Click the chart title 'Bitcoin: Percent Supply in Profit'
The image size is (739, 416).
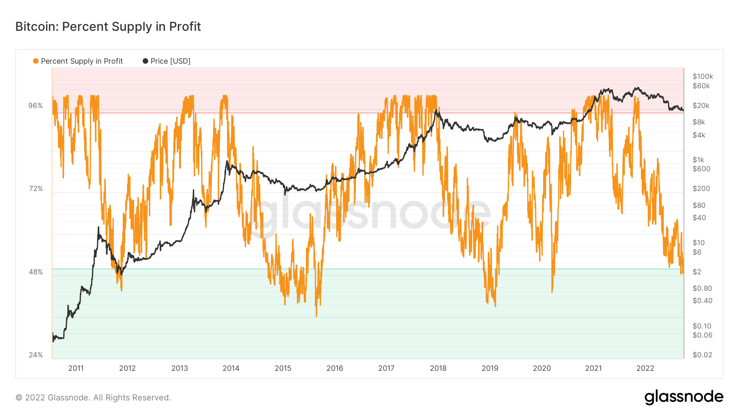pyautogui.click(x=108, y=27)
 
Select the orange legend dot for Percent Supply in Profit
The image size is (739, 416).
pyautogui.click(x=36, y=61)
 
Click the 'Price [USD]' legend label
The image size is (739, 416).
pyautogui.click(x=170, y=61)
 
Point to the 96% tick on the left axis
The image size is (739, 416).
pyautogui.click(x=36, y=106)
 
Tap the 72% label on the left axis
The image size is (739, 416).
pyautogui.click(x=36, y=188)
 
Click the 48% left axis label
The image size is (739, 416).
pyautogui.click(x=36, y=272)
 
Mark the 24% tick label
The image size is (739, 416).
pyautogui.click(x=36, y=355)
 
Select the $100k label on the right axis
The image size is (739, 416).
pyautogui.click(x=702, y=76)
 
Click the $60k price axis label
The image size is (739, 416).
pyautogui.click(x=701, y=86)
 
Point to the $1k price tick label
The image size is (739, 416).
pyautogui.click(x=698, y=160)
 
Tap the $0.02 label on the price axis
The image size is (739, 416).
pyautogui.click(x=702, y=355)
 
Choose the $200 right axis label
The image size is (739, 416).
pyautogui.click(x=701, y=188)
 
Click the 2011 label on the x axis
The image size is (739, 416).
pyautogui.click(x=76, y=368)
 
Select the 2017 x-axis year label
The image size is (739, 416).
pyautogui.click(x=386, y=368)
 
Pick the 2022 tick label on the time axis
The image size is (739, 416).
pyautogui.click(x=645, y=368)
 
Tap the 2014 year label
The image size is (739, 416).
pyautogui.click(x=231, y=368)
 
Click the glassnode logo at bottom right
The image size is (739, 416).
pyautogui.click(x=684, y=397)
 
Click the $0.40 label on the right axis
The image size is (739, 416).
pyautogui.click(x=702, y=301)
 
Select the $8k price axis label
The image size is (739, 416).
pyautogui.click(x=699, y=122)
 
